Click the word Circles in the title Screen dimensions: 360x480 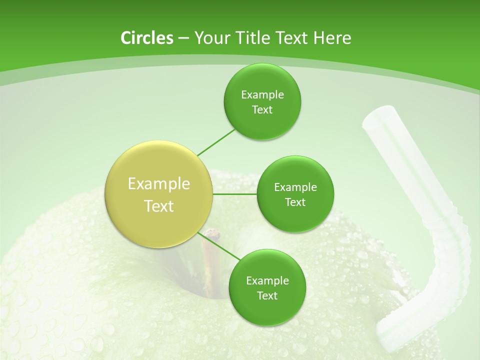coord(146,38)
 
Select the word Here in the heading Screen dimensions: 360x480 coord(332,38)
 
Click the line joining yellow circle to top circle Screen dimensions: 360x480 coord(216,142)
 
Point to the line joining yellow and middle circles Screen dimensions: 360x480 coord(235,194)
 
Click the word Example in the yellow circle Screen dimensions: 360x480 coord(159,184)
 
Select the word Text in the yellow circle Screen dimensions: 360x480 coord(159,206)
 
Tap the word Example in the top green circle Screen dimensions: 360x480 coord(262,95)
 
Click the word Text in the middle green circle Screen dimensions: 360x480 coord(295,202)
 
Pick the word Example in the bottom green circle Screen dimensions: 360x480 coord(267,281)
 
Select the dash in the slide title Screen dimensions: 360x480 coord(183,38)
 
